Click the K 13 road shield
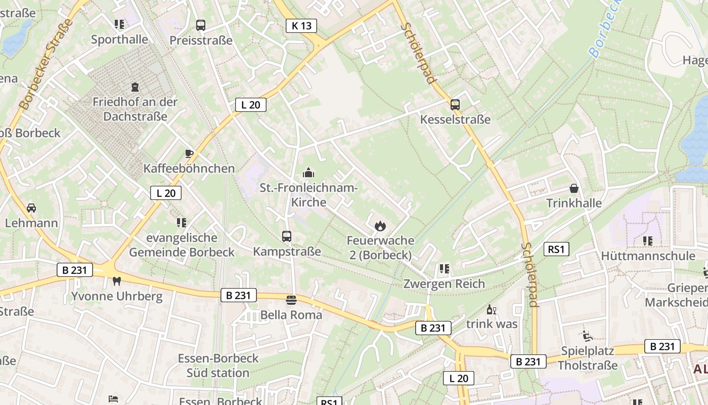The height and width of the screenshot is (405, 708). point(301,25)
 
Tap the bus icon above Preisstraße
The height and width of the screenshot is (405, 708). point(201,25)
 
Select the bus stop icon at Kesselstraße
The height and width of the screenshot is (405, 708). point(455,105)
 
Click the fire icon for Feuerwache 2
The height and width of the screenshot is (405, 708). point(380,226)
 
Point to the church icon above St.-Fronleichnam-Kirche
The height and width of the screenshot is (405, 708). point(308,173)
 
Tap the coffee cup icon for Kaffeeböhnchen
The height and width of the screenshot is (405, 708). point(189,153)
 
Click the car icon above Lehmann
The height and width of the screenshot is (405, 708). point(31,208)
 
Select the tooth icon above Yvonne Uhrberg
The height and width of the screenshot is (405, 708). point(117,281)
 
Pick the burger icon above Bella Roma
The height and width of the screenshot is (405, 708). point(291,300)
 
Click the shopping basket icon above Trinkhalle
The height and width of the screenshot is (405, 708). point(574,188)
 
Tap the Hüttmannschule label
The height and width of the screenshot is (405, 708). point(648,256)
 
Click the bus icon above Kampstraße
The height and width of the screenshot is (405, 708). point(287,236)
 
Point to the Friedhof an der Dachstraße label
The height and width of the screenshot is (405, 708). point(135,109)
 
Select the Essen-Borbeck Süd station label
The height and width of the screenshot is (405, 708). point(218,366)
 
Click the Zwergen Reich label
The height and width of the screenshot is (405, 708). point(444,283)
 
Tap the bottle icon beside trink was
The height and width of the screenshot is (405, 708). point(490,309)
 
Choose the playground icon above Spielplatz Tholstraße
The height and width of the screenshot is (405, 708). point(587,336)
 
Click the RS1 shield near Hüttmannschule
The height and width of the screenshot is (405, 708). point(557,249)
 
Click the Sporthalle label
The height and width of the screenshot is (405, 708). point(119,39)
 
